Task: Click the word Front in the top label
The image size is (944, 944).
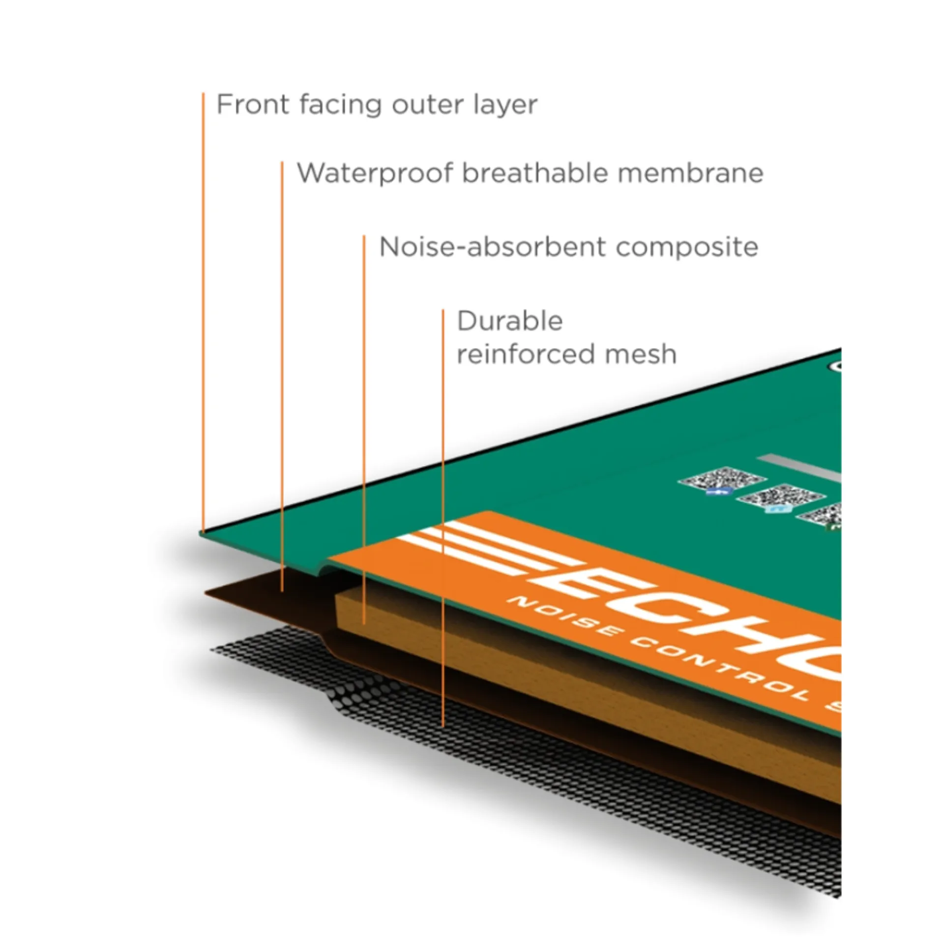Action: click(253, 105)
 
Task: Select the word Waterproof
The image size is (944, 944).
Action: click(375, 174)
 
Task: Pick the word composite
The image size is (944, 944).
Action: click(687, 248)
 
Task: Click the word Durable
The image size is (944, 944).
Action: click(510, 322)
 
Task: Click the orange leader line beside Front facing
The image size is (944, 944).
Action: click(203, 295)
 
